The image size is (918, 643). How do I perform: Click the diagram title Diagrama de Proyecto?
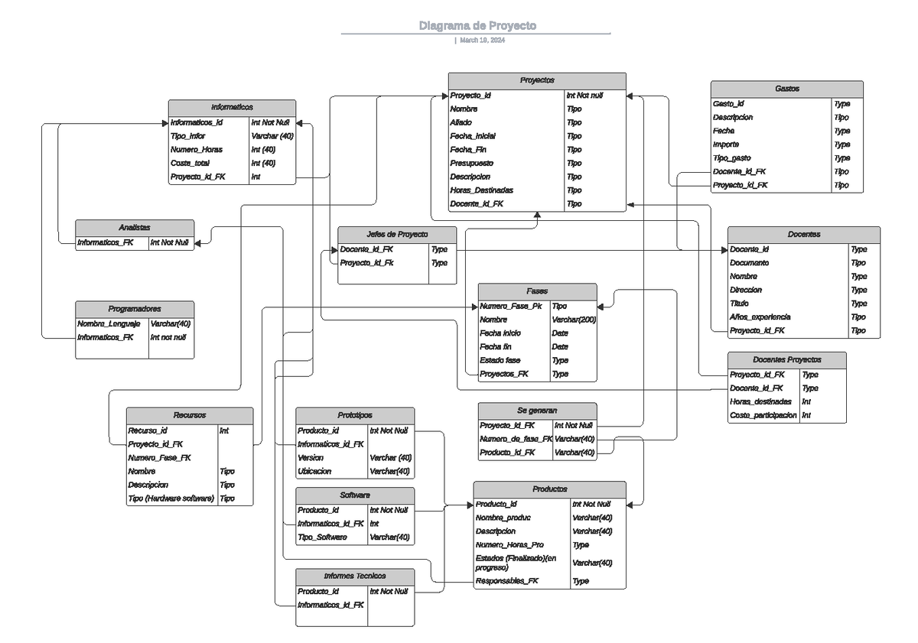pyautogui.click(x=477, y=26)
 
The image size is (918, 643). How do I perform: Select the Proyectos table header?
pyautogui.click(x=537, y=80)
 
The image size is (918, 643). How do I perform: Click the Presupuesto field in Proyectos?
pyautogui.click(x=471, y=163)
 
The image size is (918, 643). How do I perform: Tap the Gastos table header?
pyautogui.click(x=786, y=89)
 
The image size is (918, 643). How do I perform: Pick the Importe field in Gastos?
pyautogui.click(x=725, y=145)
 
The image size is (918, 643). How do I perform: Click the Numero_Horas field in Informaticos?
pyautogui.click(x=197, y=150)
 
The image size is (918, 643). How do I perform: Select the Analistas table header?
pyautogui.click(x=135, y=228)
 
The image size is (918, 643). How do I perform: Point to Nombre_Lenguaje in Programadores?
pyautogui.click(x=109, y=323)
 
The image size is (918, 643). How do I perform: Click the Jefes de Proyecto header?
pyautogui.click(x=397, y=234)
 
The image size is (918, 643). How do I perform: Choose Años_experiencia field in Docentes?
pyautogui.click(x=760, y=317)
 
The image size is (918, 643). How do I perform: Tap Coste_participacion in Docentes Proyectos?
pyautogui.click(x=763, y=415)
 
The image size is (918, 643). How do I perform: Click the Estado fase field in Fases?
pyautogui.click(x=500, y=360)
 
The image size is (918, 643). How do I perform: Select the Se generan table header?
pyautogui.click(x=537, y=411)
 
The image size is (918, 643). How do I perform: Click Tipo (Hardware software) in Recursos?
pyautogui.click(x=171, y=498)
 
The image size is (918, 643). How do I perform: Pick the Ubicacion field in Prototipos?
pyautogui.click(x=315, y=472)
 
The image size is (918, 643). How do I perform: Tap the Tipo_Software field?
pyautogui.click(x=322, y=537)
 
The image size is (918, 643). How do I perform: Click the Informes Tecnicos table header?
pyautogui.click(x=355, y=576)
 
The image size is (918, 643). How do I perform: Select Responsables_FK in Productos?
pyautogui.click(x=506, y=581)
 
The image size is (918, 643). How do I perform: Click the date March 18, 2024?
pyautogui.click(x=481, y=41)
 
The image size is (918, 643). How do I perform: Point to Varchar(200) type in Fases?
pyautogui.click(x=574, y=320)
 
